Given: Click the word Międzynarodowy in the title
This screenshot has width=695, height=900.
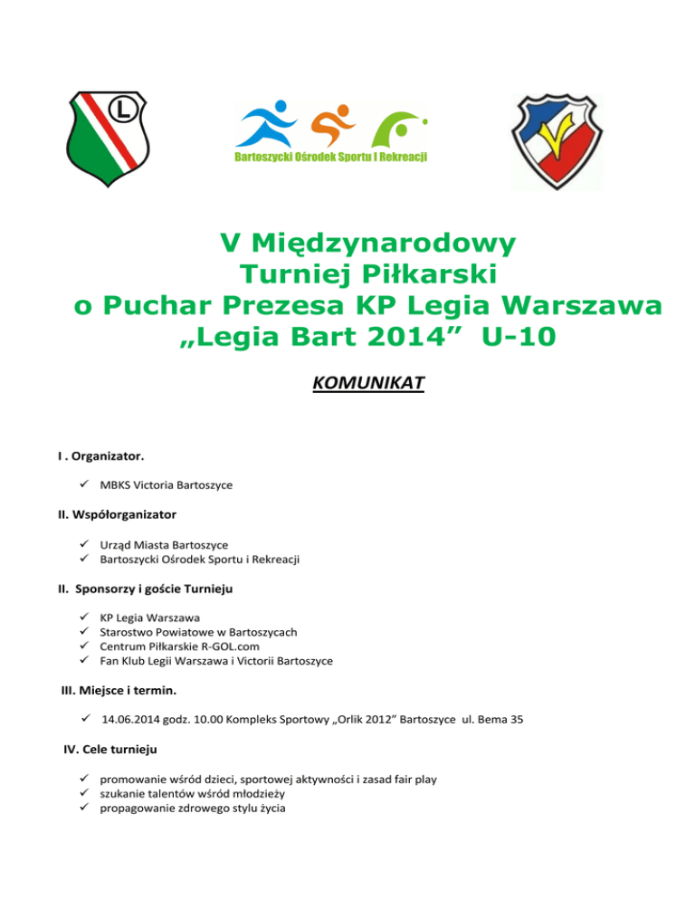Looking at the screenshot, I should click(369, 244).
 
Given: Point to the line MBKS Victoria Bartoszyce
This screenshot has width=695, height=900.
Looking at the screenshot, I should click(167, 485).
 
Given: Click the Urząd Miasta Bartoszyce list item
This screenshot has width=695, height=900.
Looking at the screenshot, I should click(164, 544).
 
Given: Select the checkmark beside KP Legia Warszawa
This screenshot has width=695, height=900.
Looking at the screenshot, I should click(82, 618).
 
